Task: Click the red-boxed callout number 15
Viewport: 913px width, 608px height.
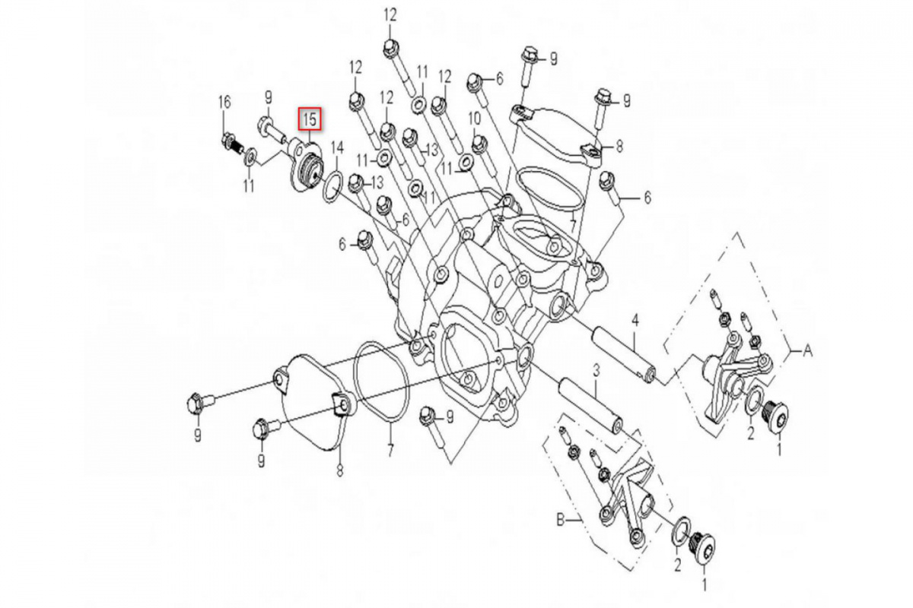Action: [x=310, y=119]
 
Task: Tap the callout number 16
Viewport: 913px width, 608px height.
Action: [x=224, y=102]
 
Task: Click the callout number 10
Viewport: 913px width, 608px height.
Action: [x=474, y=119]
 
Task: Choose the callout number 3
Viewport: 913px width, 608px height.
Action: [x=596, y=371]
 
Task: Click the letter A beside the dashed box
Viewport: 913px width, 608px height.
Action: [x=807, y=350]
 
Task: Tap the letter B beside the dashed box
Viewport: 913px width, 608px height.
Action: [x=561, y=520]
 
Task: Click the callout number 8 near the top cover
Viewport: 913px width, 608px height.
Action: [x=619, y=146]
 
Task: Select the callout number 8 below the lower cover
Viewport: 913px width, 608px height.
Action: [x=339, y=470]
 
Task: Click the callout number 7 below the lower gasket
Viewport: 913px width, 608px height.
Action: [x=390, y=450]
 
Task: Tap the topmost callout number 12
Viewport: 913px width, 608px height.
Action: [x=390, y=15]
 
